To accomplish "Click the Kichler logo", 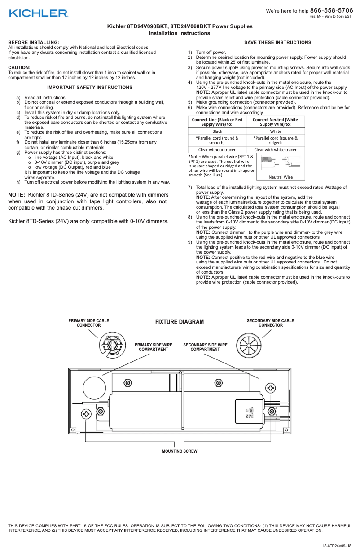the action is point(39,13).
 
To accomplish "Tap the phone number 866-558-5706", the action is point(331,10).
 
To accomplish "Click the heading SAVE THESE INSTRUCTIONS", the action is point(277,43).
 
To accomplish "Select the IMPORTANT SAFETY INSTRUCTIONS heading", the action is point(90,87).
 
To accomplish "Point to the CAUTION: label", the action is point(19,67).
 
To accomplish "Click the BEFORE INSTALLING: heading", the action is point(34,42).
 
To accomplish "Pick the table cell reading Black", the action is point(217,131).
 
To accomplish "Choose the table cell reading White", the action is point(275,131).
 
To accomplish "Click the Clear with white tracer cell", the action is point(275,149).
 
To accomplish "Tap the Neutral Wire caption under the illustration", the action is point(280,177).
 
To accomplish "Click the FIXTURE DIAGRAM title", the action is point(180,322).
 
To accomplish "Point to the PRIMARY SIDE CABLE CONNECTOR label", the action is point(88,323).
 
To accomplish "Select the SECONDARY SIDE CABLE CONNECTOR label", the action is point(271,323).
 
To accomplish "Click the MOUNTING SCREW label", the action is point(180,451).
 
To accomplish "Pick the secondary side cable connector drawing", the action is point(248,345).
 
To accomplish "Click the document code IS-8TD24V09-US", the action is point(337,546).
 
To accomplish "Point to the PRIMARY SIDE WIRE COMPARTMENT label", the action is point(154,347).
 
